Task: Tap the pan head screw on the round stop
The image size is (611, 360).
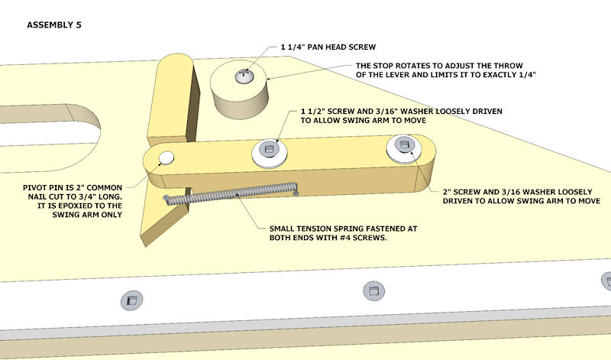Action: tap(244, 76)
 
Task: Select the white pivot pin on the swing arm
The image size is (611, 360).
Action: tap(165, 158)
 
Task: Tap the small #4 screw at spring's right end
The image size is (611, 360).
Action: tap(295, 194)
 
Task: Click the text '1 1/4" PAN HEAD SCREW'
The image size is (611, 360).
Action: tap(328, 47)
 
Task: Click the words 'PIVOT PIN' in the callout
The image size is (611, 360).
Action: tap(47, 184)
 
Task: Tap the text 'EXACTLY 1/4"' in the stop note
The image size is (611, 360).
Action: tap(508, 75)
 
